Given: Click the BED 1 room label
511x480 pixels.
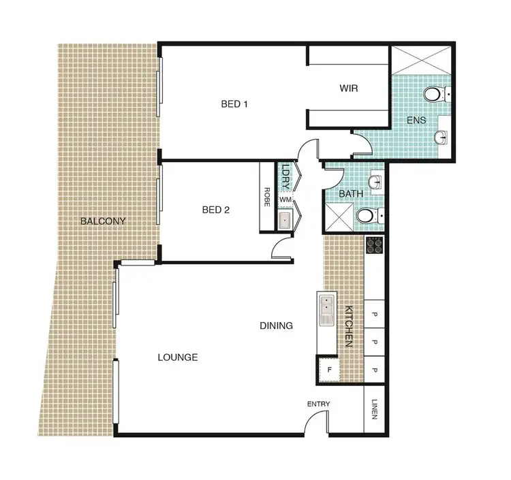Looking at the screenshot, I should (234, 104).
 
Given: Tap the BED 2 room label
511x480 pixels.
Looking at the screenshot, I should (215, 210).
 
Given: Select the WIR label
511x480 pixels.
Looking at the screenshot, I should (349, 89).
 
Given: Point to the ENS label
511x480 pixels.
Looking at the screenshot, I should (416, 121).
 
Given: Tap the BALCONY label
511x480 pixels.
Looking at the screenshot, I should (103, 221).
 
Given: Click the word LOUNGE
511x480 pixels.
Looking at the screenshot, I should (177, 357).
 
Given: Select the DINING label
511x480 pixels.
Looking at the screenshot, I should (276, 325).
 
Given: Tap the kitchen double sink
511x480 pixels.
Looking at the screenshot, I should (326, 310).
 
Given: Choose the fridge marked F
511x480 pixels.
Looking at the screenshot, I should (330, 370).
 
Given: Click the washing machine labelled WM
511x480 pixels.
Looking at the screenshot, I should (285, 199).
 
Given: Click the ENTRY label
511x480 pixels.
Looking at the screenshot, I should (318, 404).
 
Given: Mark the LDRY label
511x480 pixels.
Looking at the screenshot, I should (286, 174).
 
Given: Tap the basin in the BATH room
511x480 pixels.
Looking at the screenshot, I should (375, 182).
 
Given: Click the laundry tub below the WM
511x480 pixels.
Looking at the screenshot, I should (285, 219).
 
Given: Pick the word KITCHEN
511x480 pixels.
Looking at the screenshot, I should (348, 327).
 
